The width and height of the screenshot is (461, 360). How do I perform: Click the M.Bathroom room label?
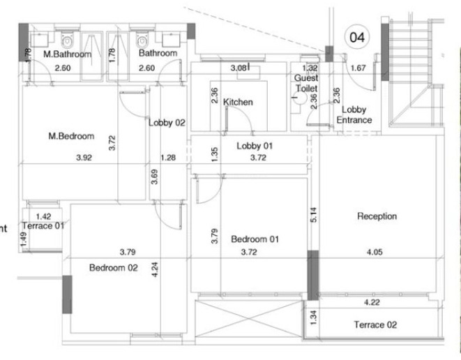tap(68, 54)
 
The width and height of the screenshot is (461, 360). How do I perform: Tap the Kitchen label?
tap(238, 103)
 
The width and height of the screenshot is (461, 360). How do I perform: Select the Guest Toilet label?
tap(306, 84)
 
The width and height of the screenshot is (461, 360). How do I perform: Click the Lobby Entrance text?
tap(354, 115)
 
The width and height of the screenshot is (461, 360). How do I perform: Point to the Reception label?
tap(377, 216)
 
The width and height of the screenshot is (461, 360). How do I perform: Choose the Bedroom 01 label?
tap(255, 239)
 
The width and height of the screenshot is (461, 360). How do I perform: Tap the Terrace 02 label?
tap(375, 325)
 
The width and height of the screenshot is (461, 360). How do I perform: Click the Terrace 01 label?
tap(43, 226)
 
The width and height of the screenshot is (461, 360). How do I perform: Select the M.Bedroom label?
tap(71, 137)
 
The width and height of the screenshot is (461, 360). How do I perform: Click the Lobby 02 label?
tap(167, 123)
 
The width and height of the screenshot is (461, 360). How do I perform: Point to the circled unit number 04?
tap(356, 37)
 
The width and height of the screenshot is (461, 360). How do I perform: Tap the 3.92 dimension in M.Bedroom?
tap(84, 158)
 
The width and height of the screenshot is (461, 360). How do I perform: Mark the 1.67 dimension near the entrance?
tap(358, 68)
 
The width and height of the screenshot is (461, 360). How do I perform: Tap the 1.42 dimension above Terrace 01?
tap(43, 217)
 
